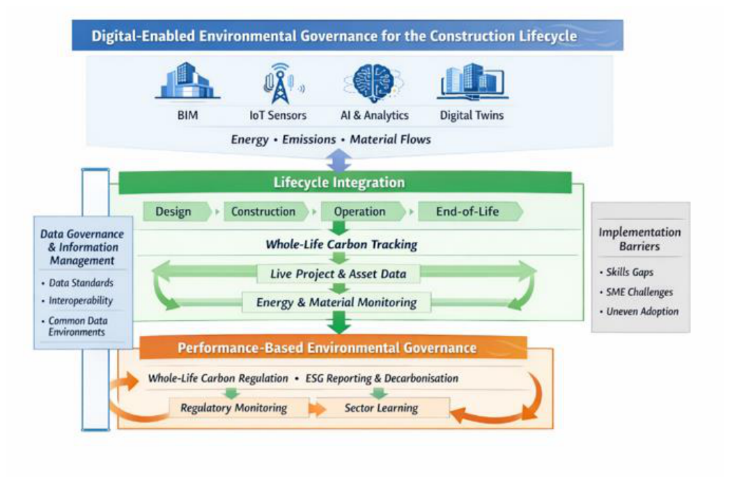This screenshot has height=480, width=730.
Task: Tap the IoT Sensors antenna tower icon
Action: point(281,84)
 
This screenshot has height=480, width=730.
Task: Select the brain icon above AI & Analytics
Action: point(374,83)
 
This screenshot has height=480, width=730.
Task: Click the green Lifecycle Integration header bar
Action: point(345,183)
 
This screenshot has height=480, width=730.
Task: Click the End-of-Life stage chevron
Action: point(470,211)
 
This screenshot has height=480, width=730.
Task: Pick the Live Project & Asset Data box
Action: point(339,274)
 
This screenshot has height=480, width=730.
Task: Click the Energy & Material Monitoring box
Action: point(336,302)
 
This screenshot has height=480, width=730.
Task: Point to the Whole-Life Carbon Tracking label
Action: point(341,245)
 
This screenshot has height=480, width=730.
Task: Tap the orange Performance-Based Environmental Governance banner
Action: point(333,348)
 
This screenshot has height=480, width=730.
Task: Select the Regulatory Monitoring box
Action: point(239,408)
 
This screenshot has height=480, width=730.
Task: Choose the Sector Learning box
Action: point(383,408)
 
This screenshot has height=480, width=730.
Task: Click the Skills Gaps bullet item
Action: point(627,272)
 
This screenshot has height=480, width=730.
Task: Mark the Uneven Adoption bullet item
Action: point(639,311)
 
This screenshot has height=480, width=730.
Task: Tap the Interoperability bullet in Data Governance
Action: point(77,301)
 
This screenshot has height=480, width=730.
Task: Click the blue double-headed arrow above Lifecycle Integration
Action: point(339,161)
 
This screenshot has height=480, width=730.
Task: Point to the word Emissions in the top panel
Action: point(309,139)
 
